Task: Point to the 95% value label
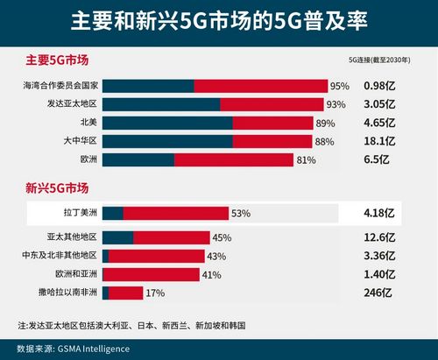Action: pos(340,86)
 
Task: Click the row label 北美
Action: pos(88,122)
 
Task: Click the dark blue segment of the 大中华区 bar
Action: pos(167,140)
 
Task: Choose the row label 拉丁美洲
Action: pos(79,213)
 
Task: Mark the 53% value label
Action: pos(242,213)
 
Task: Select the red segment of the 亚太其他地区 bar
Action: pos(171,237)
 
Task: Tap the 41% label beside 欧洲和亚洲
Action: pos(212,274)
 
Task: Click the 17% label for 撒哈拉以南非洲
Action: pos(154,293)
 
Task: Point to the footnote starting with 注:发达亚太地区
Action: pos(131,325)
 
